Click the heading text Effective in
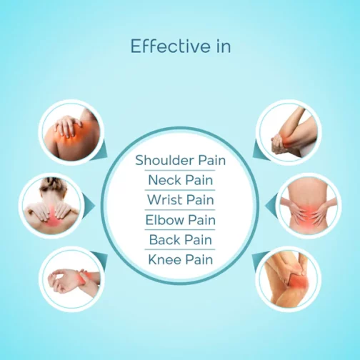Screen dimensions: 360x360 [181, 46]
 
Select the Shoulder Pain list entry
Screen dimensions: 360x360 [180, 160]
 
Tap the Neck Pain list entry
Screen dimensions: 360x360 [180, 180]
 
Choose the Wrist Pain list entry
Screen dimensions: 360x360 [180, 200]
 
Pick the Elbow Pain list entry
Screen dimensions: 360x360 [180, 220]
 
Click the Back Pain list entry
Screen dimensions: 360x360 [180, 239]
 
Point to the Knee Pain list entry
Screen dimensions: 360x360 [180, 259]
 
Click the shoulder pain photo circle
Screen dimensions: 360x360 [71, 132]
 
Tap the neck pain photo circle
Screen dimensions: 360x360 [51, 206]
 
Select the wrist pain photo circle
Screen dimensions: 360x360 [71, 279]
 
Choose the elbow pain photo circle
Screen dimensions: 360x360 [289, 132]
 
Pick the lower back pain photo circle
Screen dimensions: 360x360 [309, 206]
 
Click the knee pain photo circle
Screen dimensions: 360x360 [289, 279]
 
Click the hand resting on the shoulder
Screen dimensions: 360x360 [67, 126]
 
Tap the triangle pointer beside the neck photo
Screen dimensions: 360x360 [90, 206]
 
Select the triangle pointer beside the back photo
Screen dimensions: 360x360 [271, 206]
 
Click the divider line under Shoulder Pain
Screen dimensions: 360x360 [180, 170]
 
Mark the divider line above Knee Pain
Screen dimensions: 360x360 [180, 249]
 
